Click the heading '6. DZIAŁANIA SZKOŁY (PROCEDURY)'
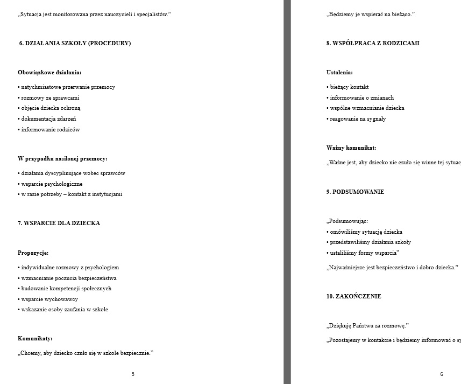75,43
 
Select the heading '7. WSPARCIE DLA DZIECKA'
59,223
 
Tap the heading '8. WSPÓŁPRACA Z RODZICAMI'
373,43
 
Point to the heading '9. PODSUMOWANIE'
355,192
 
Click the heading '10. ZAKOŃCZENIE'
353,296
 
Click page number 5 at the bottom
133,374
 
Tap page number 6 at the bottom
442,374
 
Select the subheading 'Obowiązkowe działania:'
49,72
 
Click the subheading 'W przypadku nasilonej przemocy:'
62,158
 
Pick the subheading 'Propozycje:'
33,253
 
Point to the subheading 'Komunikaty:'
36,339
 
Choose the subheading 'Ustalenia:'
339,72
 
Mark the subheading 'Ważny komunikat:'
351,148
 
